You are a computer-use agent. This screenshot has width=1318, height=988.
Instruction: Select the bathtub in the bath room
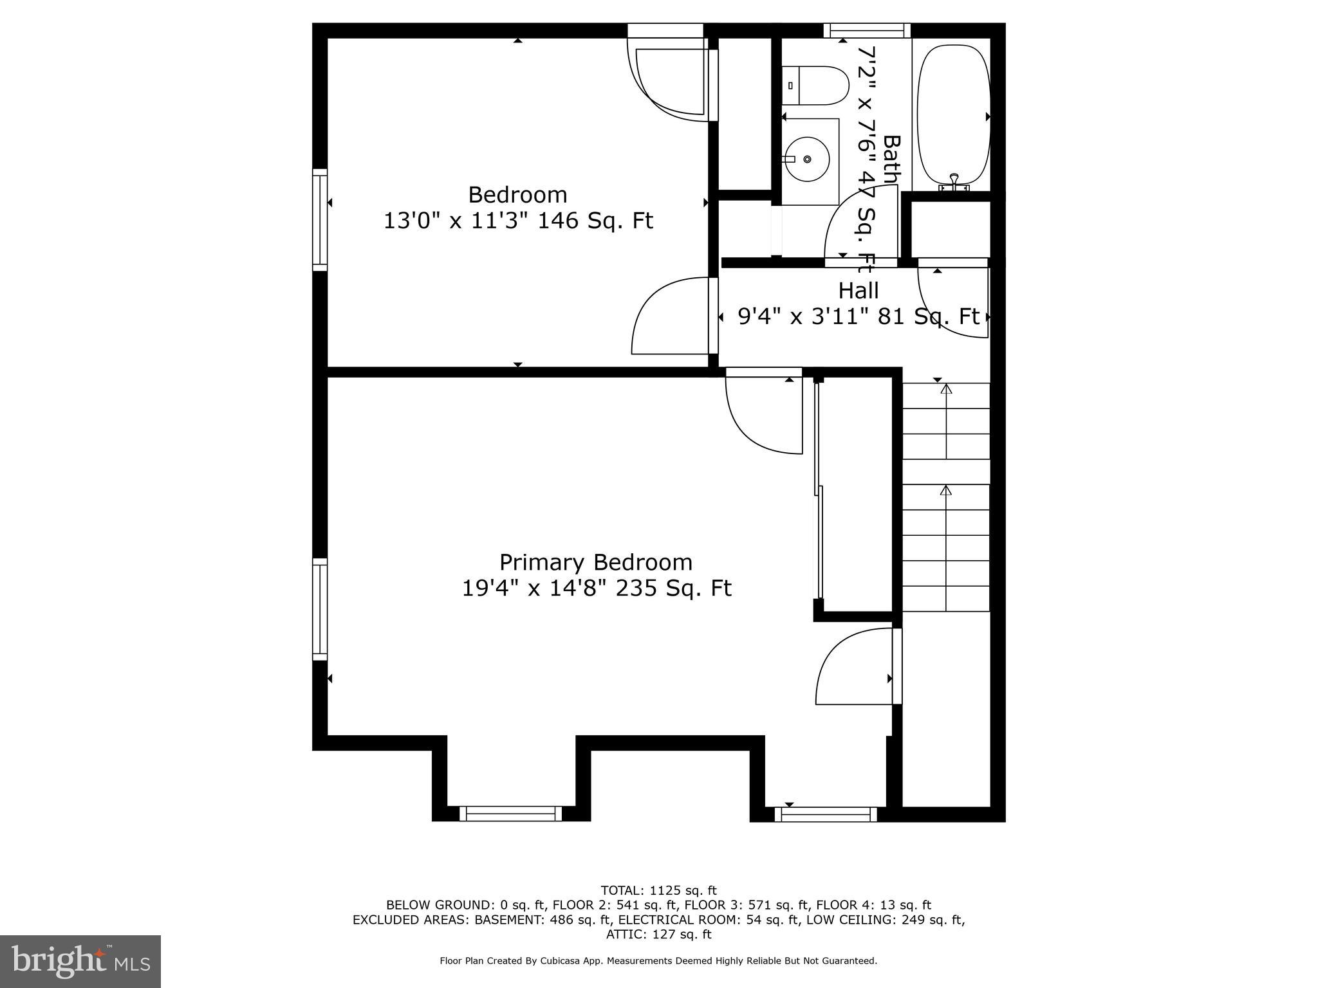953,114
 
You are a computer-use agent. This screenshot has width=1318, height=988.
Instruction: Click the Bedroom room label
517,194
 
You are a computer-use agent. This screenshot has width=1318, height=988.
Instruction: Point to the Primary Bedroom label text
596,562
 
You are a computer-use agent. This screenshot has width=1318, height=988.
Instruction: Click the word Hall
858,291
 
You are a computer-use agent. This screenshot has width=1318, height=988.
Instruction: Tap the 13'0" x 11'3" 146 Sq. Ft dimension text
518,221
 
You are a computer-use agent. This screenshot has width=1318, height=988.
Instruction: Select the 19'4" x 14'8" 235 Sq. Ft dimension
597,589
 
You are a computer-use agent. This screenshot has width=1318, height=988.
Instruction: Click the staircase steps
945,497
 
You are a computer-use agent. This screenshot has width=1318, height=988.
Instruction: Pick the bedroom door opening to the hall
673,316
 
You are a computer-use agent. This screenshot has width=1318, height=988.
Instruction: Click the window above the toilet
866,30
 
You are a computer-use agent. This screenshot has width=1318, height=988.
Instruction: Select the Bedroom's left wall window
320,219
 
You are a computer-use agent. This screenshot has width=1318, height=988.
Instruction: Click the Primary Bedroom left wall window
320,609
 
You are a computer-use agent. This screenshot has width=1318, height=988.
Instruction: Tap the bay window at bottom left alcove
510,814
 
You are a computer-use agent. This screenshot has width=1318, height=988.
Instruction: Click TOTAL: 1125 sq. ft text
658,891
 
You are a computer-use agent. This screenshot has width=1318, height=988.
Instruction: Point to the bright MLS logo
80,961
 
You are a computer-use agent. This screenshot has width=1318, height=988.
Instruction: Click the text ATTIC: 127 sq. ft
658,935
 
